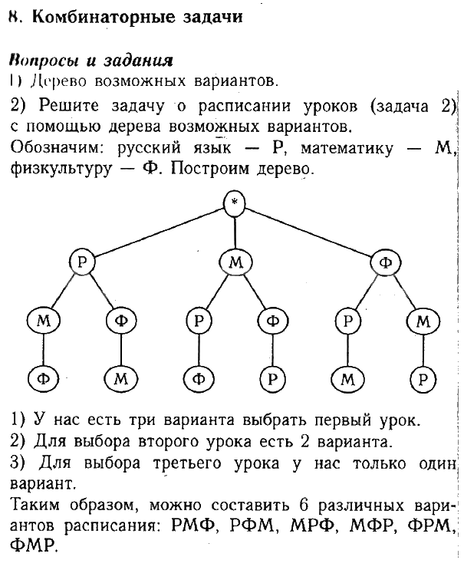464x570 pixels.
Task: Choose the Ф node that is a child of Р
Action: (x=121, y=320)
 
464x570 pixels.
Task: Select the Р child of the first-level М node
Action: (x=199, y=320)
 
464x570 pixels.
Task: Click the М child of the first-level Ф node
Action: (x=423, y=320)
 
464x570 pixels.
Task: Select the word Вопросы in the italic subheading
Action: (x=36, y=60)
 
